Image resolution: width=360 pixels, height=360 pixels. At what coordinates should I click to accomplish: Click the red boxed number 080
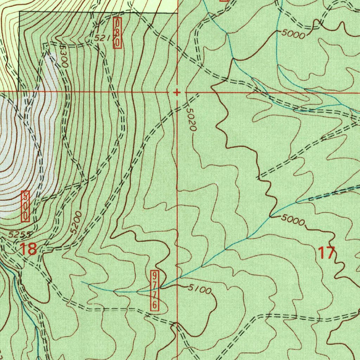[x=118, y=33]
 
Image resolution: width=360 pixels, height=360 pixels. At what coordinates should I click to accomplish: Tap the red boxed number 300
[x=25, y=206]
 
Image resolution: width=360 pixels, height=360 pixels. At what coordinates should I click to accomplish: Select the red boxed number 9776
[x=155, y=290]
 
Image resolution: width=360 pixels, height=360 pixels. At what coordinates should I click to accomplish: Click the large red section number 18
[x=28, y=249]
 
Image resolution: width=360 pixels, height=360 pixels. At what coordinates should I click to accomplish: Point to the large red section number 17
[x=326, y=253]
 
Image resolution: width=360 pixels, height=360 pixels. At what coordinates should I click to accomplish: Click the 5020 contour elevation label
[x=190, y=120]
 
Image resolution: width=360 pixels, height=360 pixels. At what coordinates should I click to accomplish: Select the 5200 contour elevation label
[x=76, y=223]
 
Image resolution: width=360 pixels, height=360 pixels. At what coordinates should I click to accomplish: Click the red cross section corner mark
[x=177, y=92]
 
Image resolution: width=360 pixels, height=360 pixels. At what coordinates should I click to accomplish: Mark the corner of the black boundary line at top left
[x=19, y=12]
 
